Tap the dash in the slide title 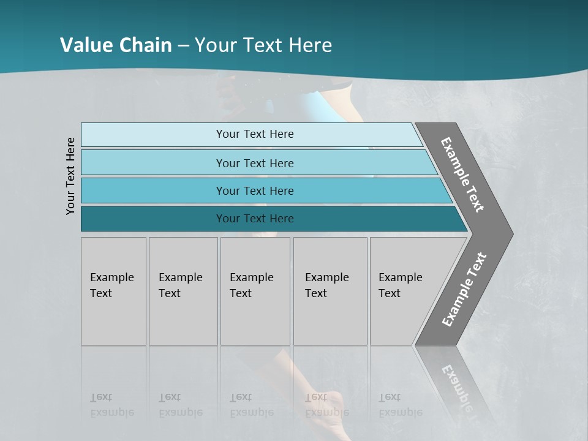tap(183, 45)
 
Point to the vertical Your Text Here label tap(70, 176)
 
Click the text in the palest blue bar tap(255, 134)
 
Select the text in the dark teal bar tap(255, 219)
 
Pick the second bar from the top tap(255, 163)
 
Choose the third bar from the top tap(255, 190)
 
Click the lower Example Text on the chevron tap(464, 290)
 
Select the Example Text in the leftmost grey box tap(111, 285)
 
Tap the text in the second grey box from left tap(180, 285)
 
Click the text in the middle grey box tap(251, 285)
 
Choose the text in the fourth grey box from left tap(326, 285)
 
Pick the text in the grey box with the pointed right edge tap(400, 285)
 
